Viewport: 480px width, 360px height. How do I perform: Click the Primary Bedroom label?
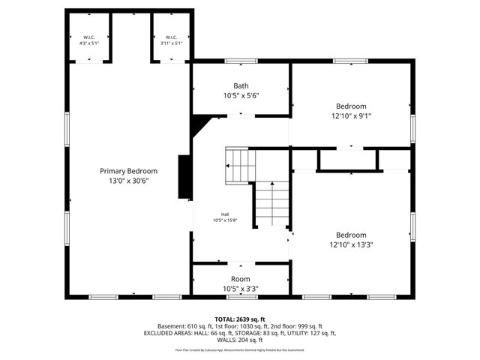coord(128,171)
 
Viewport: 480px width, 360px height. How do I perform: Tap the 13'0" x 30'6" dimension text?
coord(128,181)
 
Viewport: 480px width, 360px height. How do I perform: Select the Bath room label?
coord(240,85)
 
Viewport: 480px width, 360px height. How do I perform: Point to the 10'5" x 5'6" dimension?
coord(240,96)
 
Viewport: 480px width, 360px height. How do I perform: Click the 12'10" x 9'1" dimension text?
coord(351,116)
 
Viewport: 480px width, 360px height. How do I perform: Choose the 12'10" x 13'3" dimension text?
coord(351,244)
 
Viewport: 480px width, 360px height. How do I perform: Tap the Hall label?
coord(224,214)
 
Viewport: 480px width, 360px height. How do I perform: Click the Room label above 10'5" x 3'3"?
coord(240,279)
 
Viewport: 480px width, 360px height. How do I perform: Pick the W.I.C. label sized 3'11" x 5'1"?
coord(171,37)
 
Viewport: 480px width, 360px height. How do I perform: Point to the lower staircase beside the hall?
coord(271,203)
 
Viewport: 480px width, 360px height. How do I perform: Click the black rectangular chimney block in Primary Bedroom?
coord(184,177)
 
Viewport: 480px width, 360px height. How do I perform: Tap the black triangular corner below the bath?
coord(199,124)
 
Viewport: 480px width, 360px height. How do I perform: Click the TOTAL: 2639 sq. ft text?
coord(240,319)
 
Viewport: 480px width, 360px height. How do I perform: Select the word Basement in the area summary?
coord(172,326)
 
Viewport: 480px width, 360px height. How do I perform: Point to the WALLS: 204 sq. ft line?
coord(240,340)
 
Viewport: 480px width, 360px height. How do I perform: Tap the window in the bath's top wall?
coord(240,60)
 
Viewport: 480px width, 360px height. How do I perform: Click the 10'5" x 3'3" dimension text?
coord(240,289)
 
